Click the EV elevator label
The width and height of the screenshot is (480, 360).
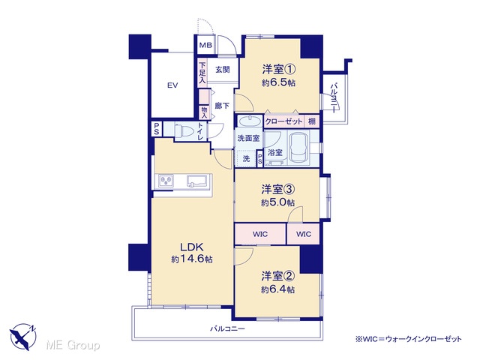pos(172,85)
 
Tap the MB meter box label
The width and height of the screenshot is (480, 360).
pos(205,45)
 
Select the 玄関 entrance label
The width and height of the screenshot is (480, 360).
pos(223,70)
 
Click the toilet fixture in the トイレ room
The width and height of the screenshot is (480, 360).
pos(183,131)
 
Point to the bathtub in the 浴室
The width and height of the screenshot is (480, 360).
pos(299,148)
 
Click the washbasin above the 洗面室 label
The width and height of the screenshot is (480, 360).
pos(250,121)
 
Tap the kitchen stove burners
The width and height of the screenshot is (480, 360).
pos(166,181)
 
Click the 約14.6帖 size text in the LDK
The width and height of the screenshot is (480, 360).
pos(192,259)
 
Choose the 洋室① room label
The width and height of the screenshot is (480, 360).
pos(278,69)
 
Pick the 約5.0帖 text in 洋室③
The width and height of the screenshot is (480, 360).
pos(278,202)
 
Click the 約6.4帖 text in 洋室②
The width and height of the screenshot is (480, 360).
pos(278,289)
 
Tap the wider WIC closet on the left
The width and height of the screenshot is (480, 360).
pos(260,234)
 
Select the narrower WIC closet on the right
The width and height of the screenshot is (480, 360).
pos(304,234)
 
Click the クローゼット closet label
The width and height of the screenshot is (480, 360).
pos(283,121)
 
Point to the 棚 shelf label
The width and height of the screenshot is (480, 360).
pos(312,121)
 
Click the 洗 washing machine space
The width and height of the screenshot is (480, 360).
pos(247,158)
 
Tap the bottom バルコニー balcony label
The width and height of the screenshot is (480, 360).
pos(227,329)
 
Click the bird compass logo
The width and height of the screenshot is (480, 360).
pos(23,337)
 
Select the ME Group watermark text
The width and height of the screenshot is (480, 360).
pos(73,346)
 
